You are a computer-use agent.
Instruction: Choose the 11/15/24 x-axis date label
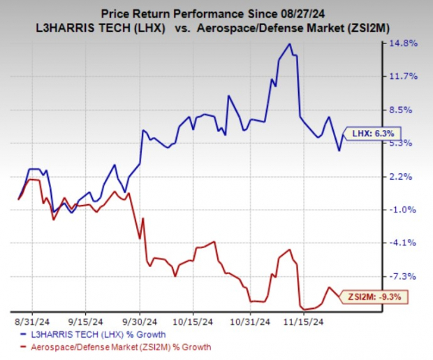point(307,324)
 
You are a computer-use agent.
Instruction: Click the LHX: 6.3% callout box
point(374,133)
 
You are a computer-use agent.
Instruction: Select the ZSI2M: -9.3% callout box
point(376,298)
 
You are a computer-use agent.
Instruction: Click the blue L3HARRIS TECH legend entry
point(98,335)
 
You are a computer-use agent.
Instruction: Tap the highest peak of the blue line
point(289,44)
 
